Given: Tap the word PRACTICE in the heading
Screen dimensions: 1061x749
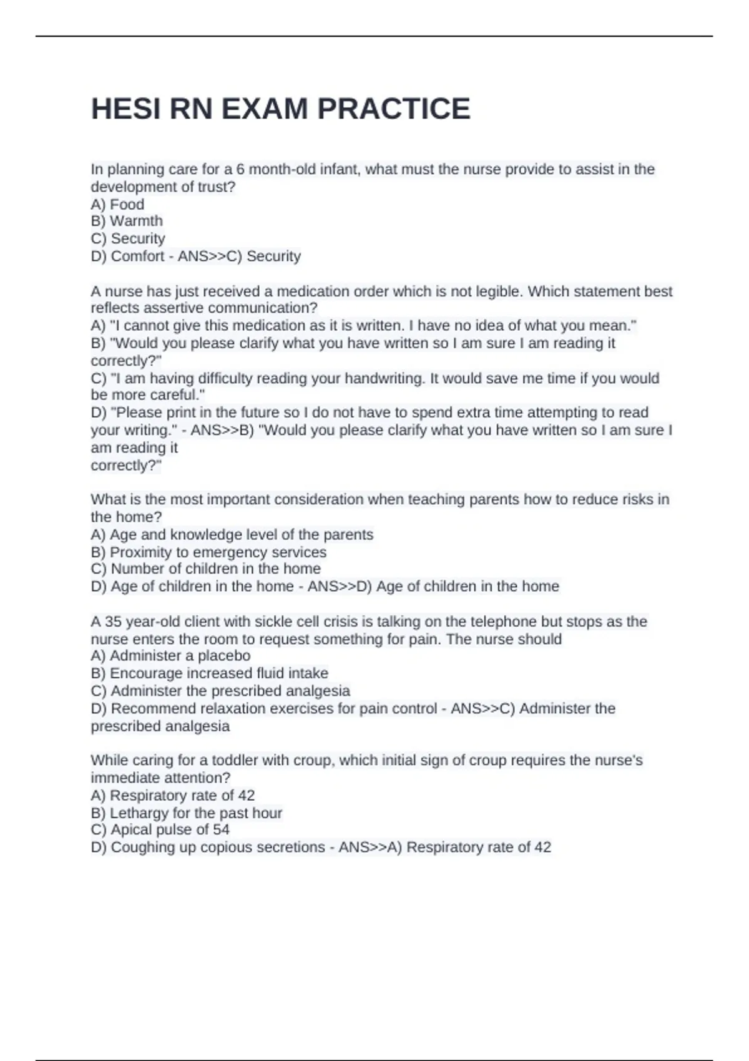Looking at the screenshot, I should pos(394,109).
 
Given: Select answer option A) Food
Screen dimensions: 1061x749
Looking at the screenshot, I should pos(117,204).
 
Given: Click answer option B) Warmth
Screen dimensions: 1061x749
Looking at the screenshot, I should pos(127,221).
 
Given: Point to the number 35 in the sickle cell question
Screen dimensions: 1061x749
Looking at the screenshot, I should pos(113,622).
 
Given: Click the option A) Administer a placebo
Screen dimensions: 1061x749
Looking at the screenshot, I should pos(170,656).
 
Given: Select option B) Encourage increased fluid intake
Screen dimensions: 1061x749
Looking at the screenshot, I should pos(209,673).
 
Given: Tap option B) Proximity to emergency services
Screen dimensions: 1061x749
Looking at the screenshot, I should pos(208,552).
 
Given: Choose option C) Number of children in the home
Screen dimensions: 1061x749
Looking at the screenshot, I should pos(205,569).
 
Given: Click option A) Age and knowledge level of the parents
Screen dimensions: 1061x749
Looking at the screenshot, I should pos(232,535).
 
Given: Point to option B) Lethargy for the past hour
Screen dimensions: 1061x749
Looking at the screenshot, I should pos(186,813).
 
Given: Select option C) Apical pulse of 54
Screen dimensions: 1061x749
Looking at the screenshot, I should pos(160,830).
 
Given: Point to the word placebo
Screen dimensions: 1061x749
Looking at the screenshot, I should pos(224,656).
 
